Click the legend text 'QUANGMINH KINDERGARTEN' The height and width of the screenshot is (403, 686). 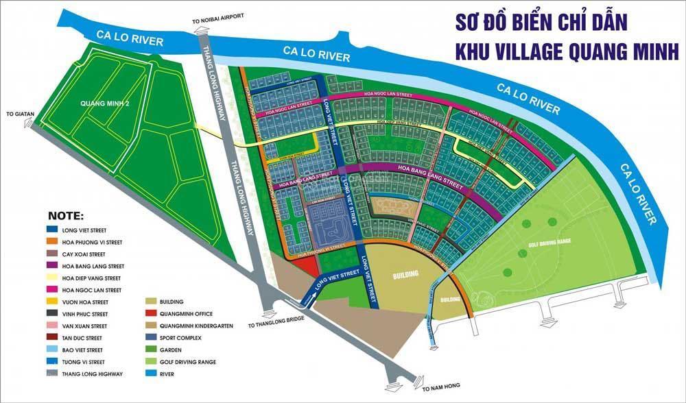point(199,326)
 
